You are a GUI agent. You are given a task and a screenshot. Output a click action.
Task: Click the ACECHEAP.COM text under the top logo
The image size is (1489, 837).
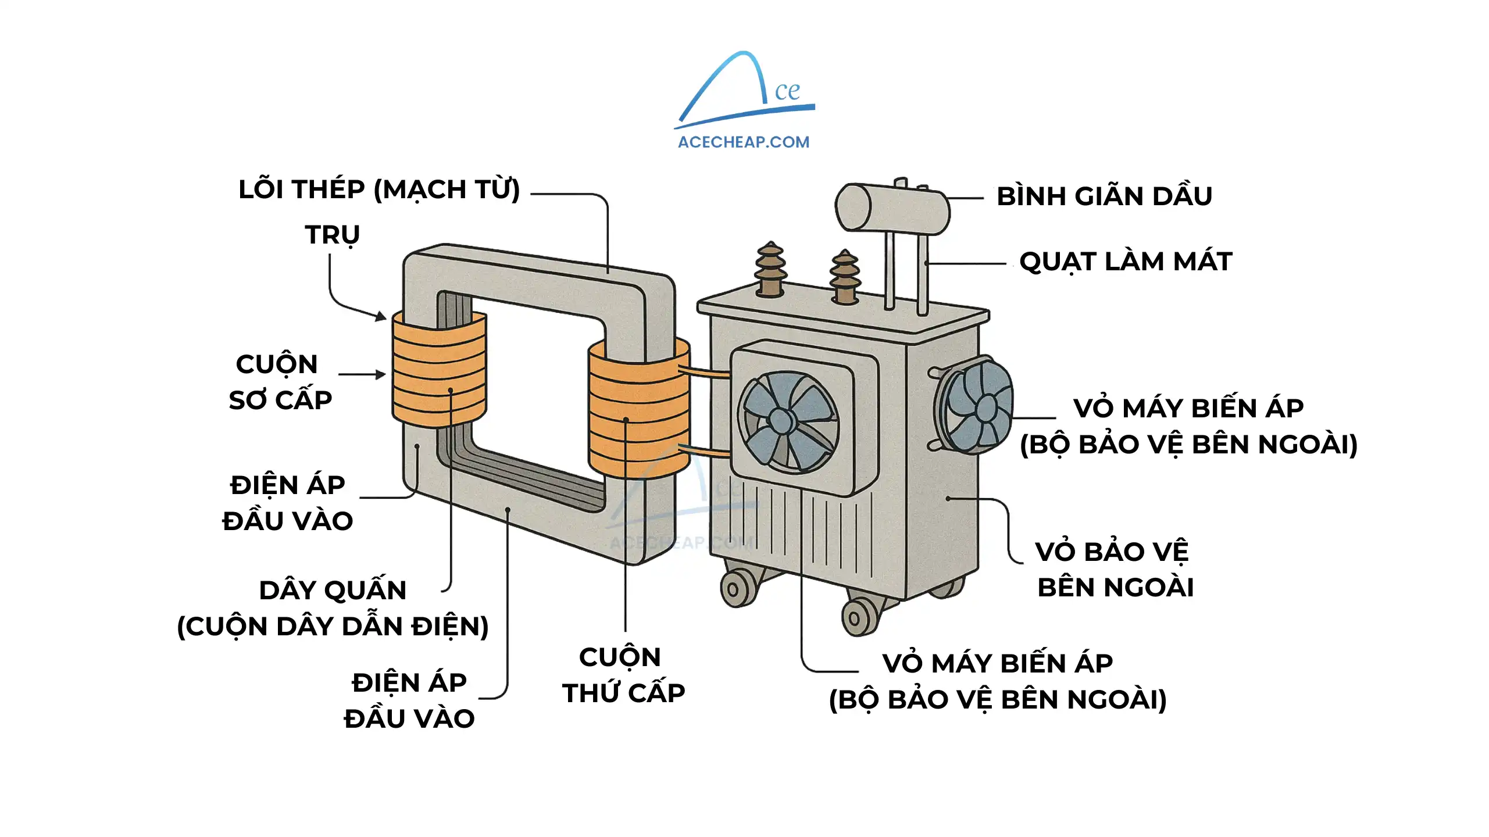pos(743,142)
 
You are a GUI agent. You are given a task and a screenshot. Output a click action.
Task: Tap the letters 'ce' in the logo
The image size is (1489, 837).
pos(787,91)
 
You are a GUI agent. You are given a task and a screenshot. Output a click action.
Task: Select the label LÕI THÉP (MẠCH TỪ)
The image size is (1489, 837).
pos(379,189)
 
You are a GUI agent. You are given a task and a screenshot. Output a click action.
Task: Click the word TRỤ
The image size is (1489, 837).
pos(333,235)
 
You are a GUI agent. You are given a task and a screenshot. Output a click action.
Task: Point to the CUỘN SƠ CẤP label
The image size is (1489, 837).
pos(280,382)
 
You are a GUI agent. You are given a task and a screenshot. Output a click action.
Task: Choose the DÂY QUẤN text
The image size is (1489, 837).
pos(333,591)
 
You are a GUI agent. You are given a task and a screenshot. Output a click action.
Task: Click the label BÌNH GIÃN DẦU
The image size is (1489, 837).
pos(1104,196)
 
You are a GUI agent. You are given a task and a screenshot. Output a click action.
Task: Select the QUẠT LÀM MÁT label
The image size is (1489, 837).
pos(1126,262)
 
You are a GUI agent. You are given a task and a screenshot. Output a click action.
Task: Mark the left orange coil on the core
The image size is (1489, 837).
pos(439,369)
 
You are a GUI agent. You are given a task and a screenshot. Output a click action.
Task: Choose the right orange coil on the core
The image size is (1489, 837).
pos(638,410)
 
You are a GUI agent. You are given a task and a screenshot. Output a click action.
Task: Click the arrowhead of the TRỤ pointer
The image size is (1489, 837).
pos(381,317)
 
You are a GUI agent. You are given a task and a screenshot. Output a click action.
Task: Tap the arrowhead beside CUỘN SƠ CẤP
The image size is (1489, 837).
pos(381,375)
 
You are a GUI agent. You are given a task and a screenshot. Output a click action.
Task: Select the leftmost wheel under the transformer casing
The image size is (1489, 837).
pos(735,589)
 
